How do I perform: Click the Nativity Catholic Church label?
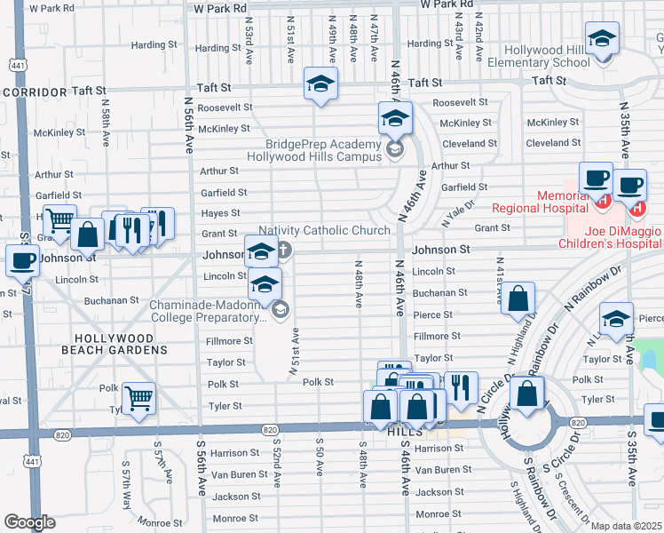[333, 231]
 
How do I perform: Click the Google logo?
[29, 522]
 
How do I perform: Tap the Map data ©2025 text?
[626, 526]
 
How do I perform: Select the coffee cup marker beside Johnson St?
[22, 260]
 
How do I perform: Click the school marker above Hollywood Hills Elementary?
[602, 38]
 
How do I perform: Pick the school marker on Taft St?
[320, 84]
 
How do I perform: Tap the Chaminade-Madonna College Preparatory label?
[209, 310]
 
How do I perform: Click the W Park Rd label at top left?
[51, 8]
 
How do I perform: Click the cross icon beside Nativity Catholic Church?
[283, 250]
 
